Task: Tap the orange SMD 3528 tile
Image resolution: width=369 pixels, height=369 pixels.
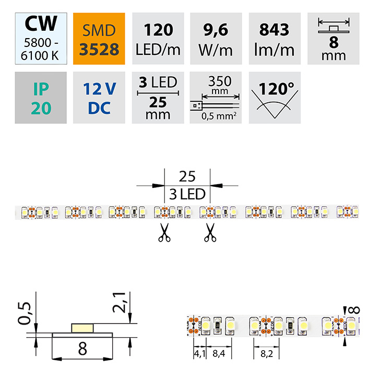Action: pyautogui.click(x=99, y=39)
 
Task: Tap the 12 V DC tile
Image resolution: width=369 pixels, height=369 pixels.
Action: pyautogui.click(x=99, y=98)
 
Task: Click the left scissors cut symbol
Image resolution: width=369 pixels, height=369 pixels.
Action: pyautogui.click(x=164, y=232)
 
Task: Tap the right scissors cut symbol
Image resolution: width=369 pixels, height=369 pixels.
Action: pyautogui.click(x=210, y=232)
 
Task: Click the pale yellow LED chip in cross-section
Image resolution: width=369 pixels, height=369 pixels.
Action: pyautogui.click(x=81, y=328)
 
